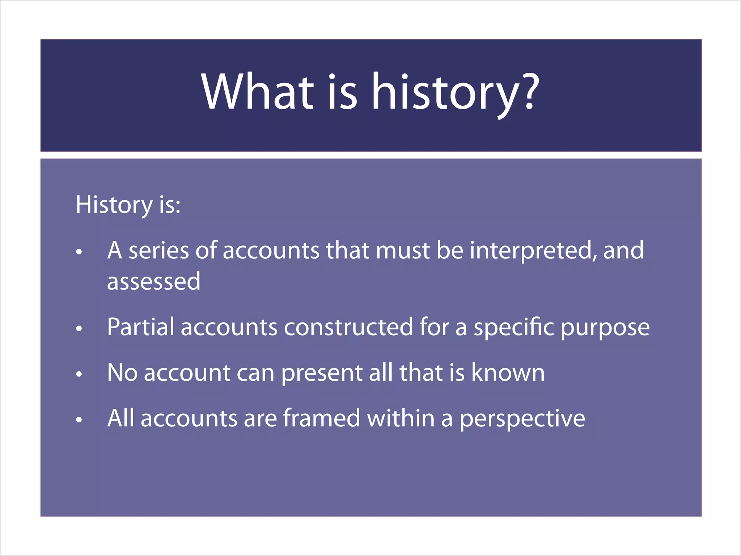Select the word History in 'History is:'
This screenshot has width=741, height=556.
pyautogui.click(x=114, y=205)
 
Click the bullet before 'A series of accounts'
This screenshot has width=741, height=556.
pyautogui.click(x=79, y=252)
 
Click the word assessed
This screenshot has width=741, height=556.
pyautogui.click(x=154, y=282)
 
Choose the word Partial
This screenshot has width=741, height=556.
pyautogui.click(x=140, y=327)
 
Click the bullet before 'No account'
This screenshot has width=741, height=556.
pyautogui.click(x=79, y=374)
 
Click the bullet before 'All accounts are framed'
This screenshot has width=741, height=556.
pyautogui.click(x=79, y=420)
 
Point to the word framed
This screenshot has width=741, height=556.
pyautogui.click(x=321, y=418)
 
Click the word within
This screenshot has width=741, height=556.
pyautogui.click(x=401, y=418)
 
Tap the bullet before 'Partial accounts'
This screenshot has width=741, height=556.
pyautogui.click(x=79, y=329)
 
